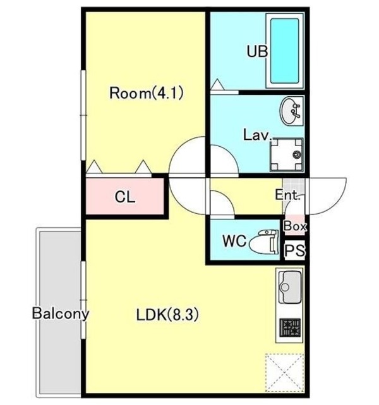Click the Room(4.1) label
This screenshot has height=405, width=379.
(146, 93)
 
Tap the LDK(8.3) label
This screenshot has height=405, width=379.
(167, 315)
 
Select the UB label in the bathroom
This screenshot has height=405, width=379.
(257, 51)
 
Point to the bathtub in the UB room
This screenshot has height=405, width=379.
(285, 51)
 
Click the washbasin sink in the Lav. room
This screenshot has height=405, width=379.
(292, 111)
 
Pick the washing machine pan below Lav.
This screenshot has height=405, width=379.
(286, 154)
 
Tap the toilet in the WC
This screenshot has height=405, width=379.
(264, 241)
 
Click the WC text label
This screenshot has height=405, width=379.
(234, 241)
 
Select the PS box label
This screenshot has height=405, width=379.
(295, 250)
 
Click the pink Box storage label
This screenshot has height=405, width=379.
(295, 227)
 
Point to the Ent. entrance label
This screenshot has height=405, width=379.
(288, 195)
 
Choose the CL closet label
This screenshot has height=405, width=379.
(125, 197)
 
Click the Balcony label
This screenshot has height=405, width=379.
(61, 313)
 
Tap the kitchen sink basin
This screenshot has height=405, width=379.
(291, 287)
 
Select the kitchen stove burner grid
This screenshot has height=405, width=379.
(291, 328)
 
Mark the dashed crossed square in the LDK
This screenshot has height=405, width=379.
(285, 373)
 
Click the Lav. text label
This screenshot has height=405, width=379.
(258, 135)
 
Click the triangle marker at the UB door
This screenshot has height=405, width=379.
(217, 84)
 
